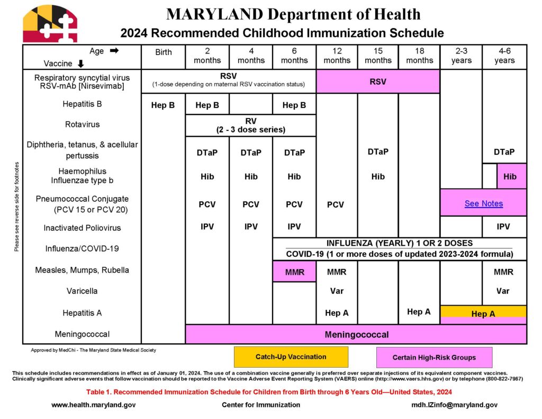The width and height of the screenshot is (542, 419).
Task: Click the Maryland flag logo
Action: (50, 24)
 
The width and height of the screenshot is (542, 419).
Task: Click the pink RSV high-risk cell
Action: (378, 82)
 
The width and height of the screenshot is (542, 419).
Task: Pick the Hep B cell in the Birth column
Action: (163, 105)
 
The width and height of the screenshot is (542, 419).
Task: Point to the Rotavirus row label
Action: (82, 124)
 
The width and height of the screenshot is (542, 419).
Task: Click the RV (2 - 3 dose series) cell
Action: (251, 125)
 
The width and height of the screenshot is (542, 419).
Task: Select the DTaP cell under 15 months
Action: (378, 151)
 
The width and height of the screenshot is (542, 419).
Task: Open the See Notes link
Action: (483, 203)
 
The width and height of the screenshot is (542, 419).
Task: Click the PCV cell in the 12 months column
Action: (336, 204)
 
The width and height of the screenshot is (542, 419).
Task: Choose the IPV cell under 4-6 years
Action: (503, 227)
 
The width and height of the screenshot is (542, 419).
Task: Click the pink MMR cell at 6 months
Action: (294, 272)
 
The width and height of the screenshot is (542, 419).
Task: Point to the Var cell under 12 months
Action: (337, 291)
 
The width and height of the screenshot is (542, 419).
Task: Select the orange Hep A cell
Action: (483, 313)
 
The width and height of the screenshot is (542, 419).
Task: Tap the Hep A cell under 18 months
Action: (419, 311)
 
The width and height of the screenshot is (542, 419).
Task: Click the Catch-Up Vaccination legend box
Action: (291, 356)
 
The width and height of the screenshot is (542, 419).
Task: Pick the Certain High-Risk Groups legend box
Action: (434, 357)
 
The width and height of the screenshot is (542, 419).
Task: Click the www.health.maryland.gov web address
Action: (89, 405)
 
